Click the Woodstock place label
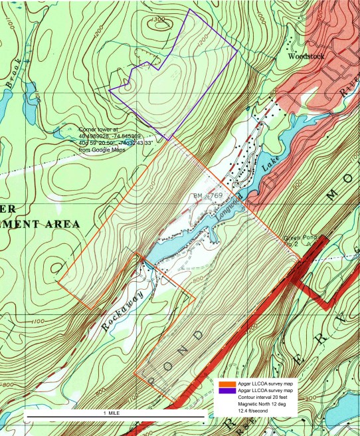pyautogui.click(x=306, y=57)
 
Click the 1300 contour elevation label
pyautogui.click(x=158, y=21)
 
